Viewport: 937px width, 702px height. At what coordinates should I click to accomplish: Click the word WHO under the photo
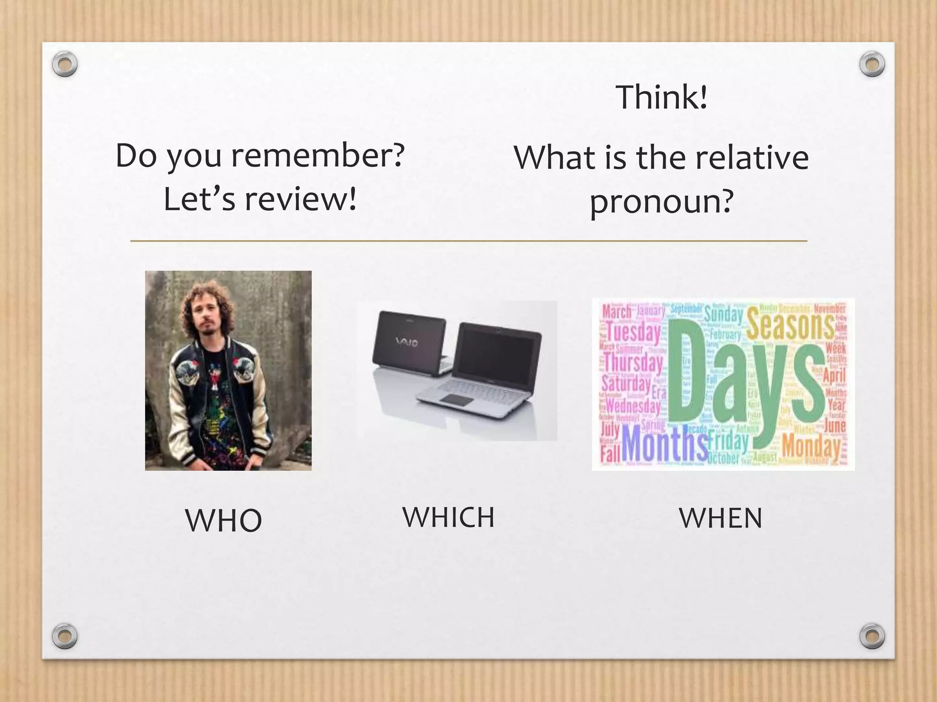coord(223,520)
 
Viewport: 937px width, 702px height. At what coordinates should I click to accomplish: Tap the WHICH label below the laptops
coord(448,517)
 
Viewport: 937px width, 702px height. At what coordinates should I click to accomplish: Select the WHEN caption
coord(721,518)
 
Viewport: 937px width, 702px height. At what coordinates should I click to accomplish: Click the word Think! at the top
coord(662,97)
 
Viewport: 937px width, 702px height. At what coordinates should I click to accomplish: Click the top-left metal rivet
coord(65,64)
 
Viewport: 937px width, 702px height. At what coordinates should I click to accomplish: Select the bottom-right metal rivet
coord(872,636)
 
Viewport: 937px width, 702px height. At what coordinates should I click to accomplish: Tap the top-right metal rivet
coord(872,64)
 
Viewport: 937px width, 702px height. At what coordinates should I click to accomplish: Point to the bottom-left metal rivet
coord(65,636)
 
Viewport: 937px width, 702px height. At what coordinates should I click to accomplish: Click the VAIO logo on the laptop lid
coord(406,342)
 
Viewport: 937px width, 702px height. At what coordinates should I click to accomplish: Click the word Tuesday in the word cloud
coord(633,332)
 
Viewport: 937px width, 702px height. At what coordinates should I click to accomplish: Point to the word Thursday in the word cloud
coord(633,363)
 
